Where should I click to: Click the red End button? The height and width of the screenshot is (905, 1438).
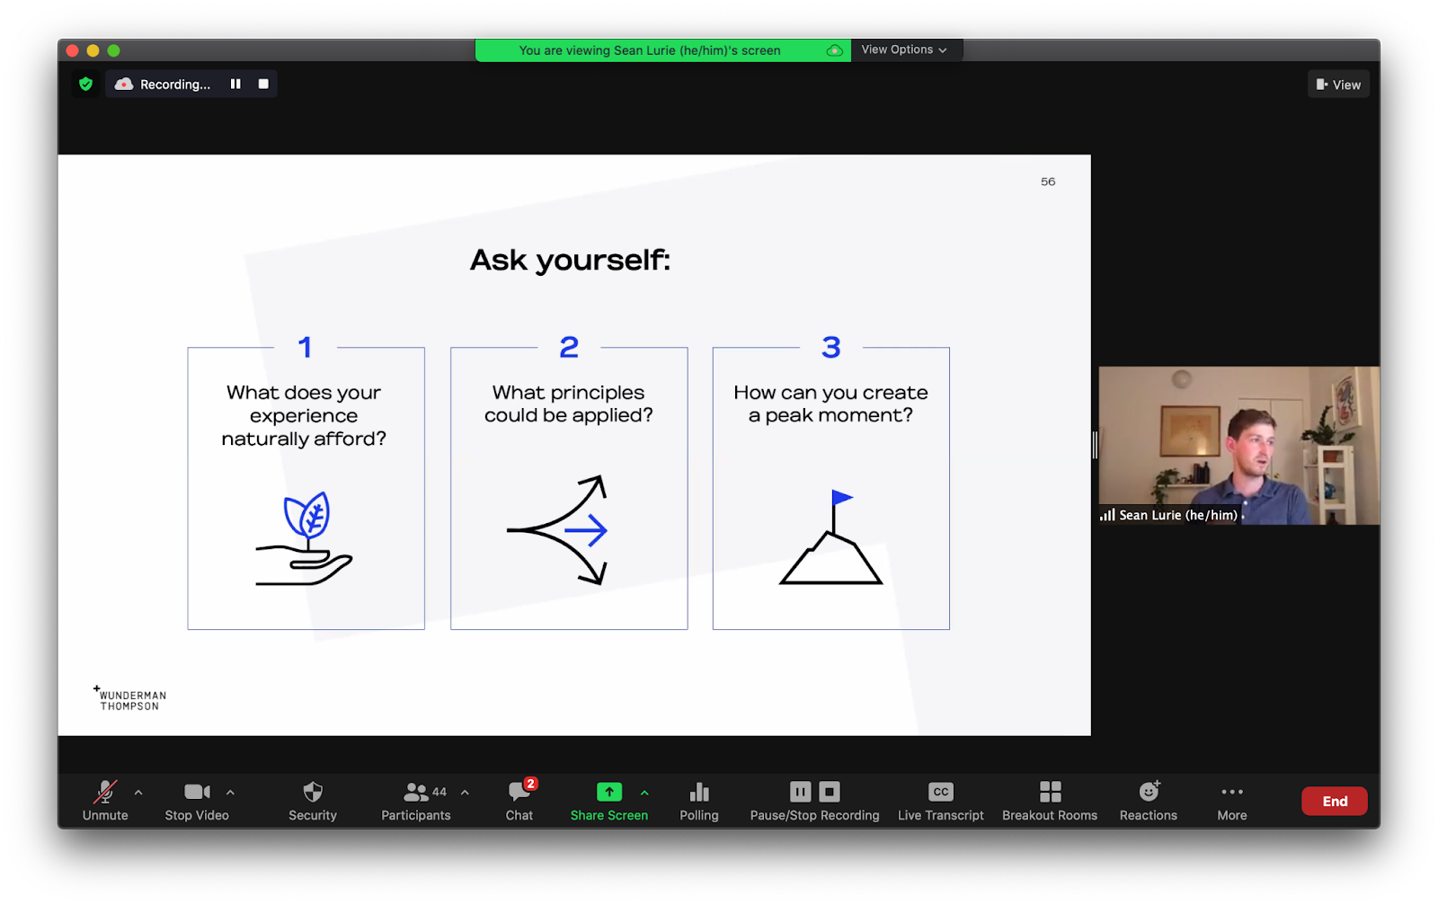1334,801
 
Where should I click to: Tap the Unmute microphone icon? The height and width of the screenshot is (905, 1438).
105,792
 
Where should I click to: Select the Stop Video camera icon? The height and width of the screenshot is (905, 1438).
197,792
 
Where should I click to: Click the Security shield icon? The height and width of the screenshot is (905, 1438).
313,792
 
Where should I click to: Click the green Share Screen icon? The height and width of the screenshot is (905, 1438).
609,792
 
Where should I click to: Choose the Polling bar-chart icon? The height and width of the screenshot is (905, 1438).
699,792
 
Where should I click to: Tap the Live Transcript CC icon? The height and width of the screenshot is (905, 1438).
940,792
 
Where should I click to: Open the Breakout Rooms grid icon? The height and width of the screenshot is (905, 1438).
1051,792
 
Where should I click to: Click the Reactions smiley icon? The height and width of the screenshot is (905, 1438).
1149,791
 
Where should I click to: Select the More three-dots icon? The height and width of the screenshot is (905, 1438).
1232,792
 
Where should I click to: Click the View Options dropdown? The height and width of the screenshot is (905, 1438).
904,49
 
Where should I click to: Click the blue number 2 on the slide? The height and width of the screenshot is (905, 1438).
569,347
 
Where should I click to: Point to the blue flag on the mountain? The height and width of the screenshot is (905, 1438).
841,497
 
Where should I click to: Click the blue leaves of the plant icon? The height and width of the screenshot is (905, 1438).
306,514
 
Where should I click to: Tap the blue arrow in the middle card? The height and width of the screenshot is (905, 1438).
585,530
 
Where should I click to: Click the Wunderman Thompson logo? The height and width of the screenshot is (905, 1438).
129,698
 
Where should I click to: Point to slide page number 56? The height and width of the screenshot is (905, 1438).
1048,182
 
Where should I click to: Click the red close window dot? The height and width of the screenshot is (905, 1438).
73,50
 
